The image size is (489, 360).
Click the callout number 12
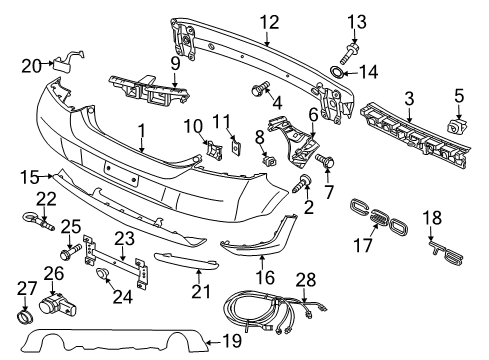pyautogui.click(x=269, y=22)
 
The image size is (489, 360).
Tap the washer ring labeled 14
pyautogui.click(x=336, y=71)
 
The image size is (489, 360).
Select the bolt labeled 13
pyautogui.click(x=349, y=53)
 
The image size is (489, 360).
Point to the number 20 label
pyautogui.click(x=31, y=66)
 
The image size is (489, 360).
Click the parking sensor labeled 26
pyautogui.click(x=57, y=304)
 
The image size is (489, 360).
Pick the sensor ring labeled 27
pyautogui.click(x=25, y=316)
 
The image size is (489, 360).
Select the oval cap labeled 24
pyautogui.click(x=103, y=274)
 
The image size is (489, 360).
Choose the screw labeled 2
pyautogui.click(x=302, y=184)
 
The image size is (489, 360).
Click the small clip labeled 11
pyautogui.click(x=236, y=144)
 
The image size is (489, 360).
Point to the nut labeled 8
pyautogui.click(x=269, y=161)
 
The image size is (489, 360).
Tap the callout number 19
pyautogui.click(x=231, y=341)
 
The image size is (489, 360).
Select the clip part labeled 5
pyautogui.click(x=457, y=126)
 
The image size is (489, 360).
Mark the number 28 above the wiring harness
pyautogui.click(x=306, y=280)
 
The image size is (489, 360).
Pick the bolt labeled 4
pyautogui.click(x=260, y=88)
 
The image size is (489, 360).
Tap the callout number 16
pyautogui.click(x=265, y=278)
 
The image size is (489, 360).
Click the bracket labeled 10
pyautogui.click(x=214, y=150)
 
